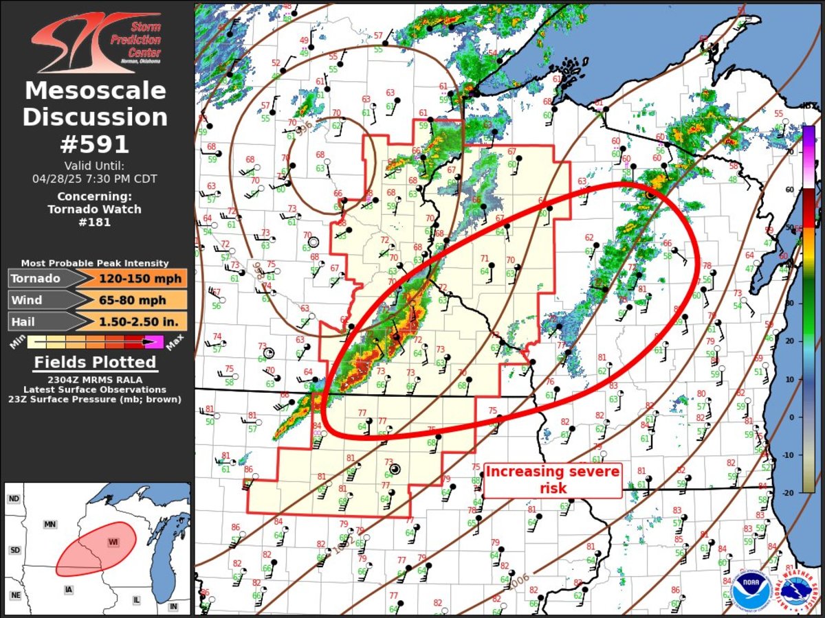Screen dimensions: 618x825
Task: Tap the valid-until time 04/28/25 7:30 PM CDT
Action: click(x=95, y=179)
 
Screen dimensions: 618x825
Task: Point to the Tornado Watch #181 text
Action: click(x=95, y=216)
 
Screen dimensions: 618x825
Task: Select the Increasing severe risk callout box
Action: click(x=553, y=480)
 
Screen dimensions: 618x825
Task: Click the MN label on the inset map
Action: click(x=49, y=524)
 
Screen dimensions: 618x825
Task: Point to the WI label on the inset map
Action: click(x=113, y=542)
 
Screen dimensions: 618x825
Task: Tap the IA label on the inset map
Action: click(x=68, y=590)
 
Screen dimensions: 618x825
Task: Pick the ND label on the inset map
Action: click(x=13, y=499)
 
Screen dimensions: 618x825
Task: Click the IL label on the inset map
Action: click(x=136, y=600)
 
